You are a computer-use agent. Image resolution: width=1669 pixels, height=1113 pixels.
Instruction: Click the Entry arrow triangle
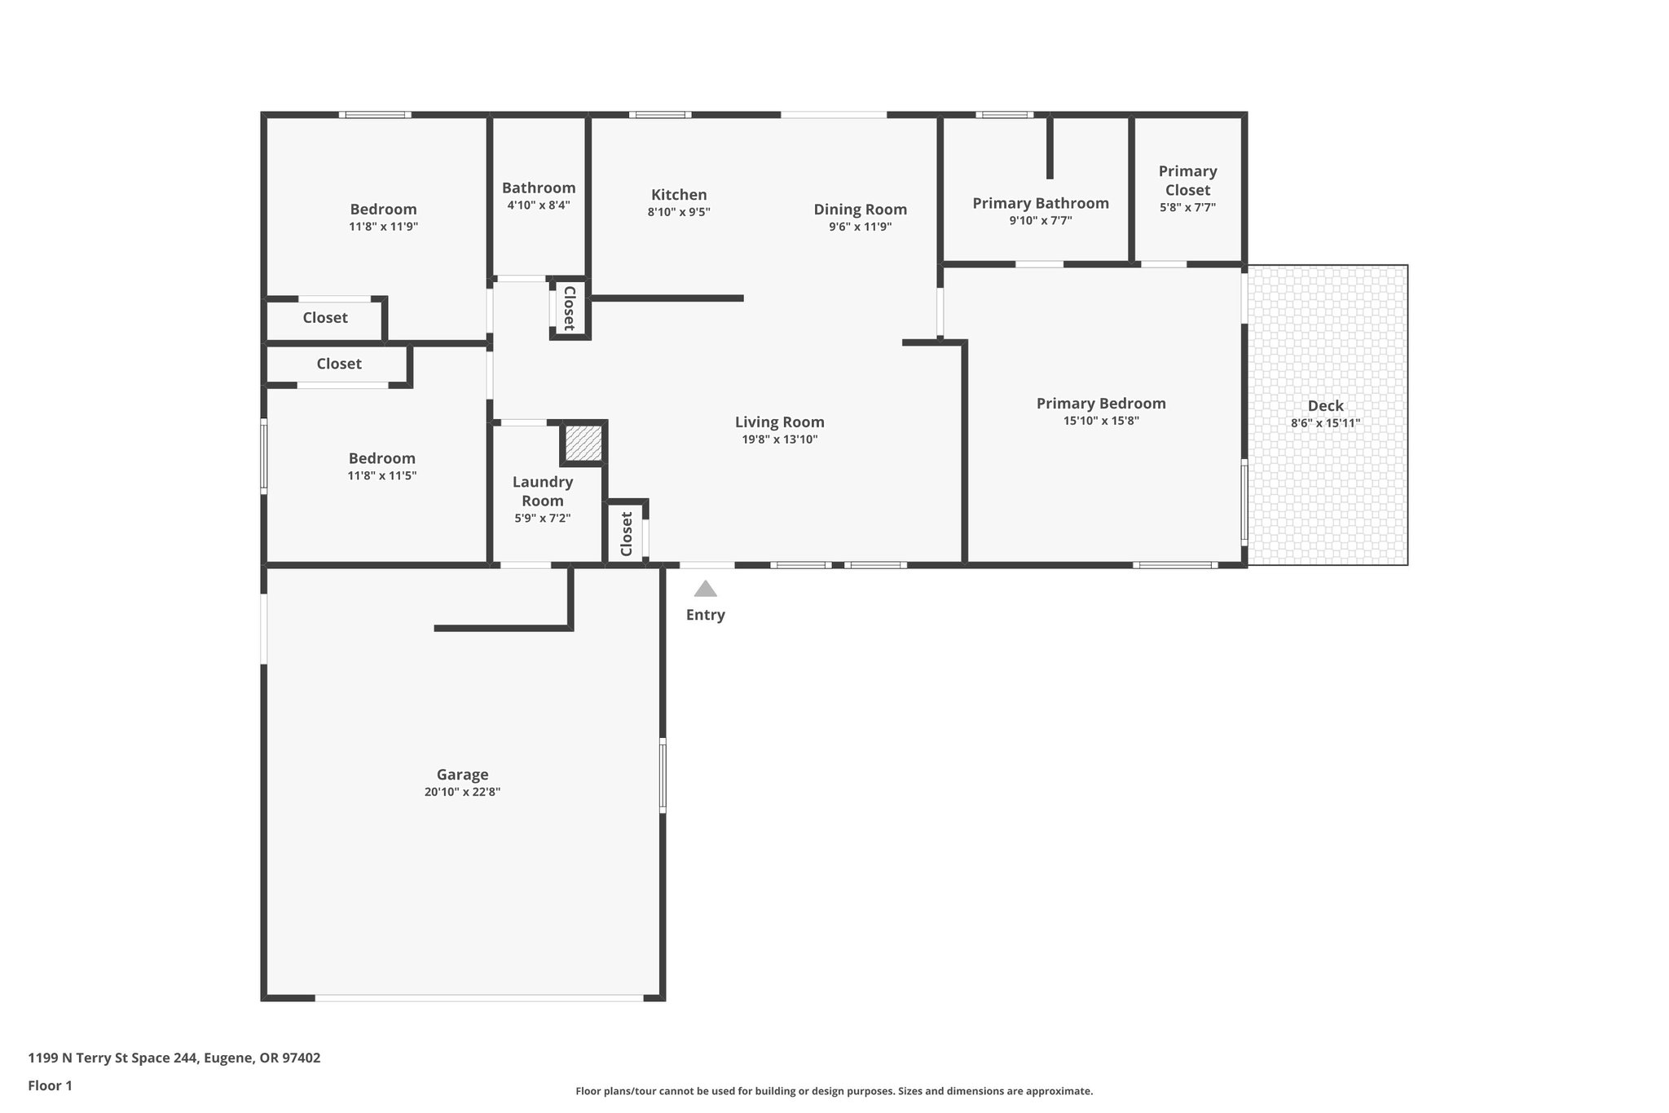[705, 589]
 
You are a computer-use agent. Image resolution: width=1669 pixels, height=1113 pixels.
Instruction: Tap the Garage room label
[462, 775]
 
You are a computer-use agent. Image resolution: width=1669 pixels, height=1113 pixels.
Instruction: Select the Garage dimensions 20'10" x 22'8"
[462, 792]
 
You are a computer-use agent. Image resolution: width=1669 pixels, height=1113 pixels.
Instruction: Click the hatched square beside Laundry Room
[583, 443]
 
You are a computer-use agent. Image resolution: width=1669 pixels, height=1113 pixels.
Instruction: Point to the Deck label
[1325, 405]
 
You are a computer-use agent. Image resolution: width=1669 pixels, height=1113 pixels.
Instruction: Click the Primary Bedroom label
[1100, 403]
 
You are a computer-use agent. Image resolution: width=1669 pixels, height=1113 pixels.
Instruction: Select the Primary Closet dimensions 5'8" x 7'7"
[1187, 207]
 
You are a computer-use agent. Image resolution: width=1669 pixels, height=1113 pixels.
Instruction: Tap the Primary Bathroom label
[1040, 203]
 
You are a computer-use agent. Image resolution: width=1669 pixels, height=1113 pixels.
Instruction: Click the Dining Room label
[860, 210]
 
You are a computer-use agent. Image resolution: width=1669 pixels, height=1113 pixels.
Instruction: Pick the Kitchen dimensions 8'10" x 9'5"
[679, 212]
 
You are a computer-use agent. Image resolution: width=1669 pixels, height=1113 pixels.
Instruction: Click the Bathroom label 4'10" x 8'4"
[538, 188]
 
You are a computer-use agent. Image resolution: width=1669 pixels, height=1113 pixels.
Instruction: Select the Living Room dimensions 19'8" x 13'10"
[779, 439]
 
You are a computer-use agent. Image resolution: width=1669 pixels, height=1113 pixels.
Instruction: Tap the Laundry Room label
[542, 491]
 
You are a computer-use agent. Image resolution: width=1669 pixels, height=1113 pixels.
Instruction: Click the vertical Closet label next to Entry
[626, 534]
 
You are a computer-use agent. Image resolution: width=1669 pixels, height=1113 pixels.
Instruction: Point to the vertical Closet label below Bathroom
[570, 308]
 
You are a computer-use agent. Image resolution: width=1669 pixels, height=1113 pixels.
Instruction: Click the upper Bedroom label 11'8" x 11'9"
[383, 210]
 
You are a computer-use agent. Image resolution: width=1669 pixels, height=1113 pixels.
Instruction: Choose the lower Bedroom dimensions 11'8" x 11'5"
[381, 475]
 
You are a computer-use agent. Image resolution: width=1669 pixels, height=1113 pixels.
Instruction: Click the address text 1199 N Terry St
[174, 1058]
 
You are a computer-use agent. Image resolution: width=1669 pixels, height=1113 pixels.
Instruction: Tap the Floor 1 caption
[50, 1085]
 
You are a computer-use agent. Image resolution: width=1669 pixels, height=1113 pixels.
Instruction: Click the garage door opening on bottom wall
[479, 997]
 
